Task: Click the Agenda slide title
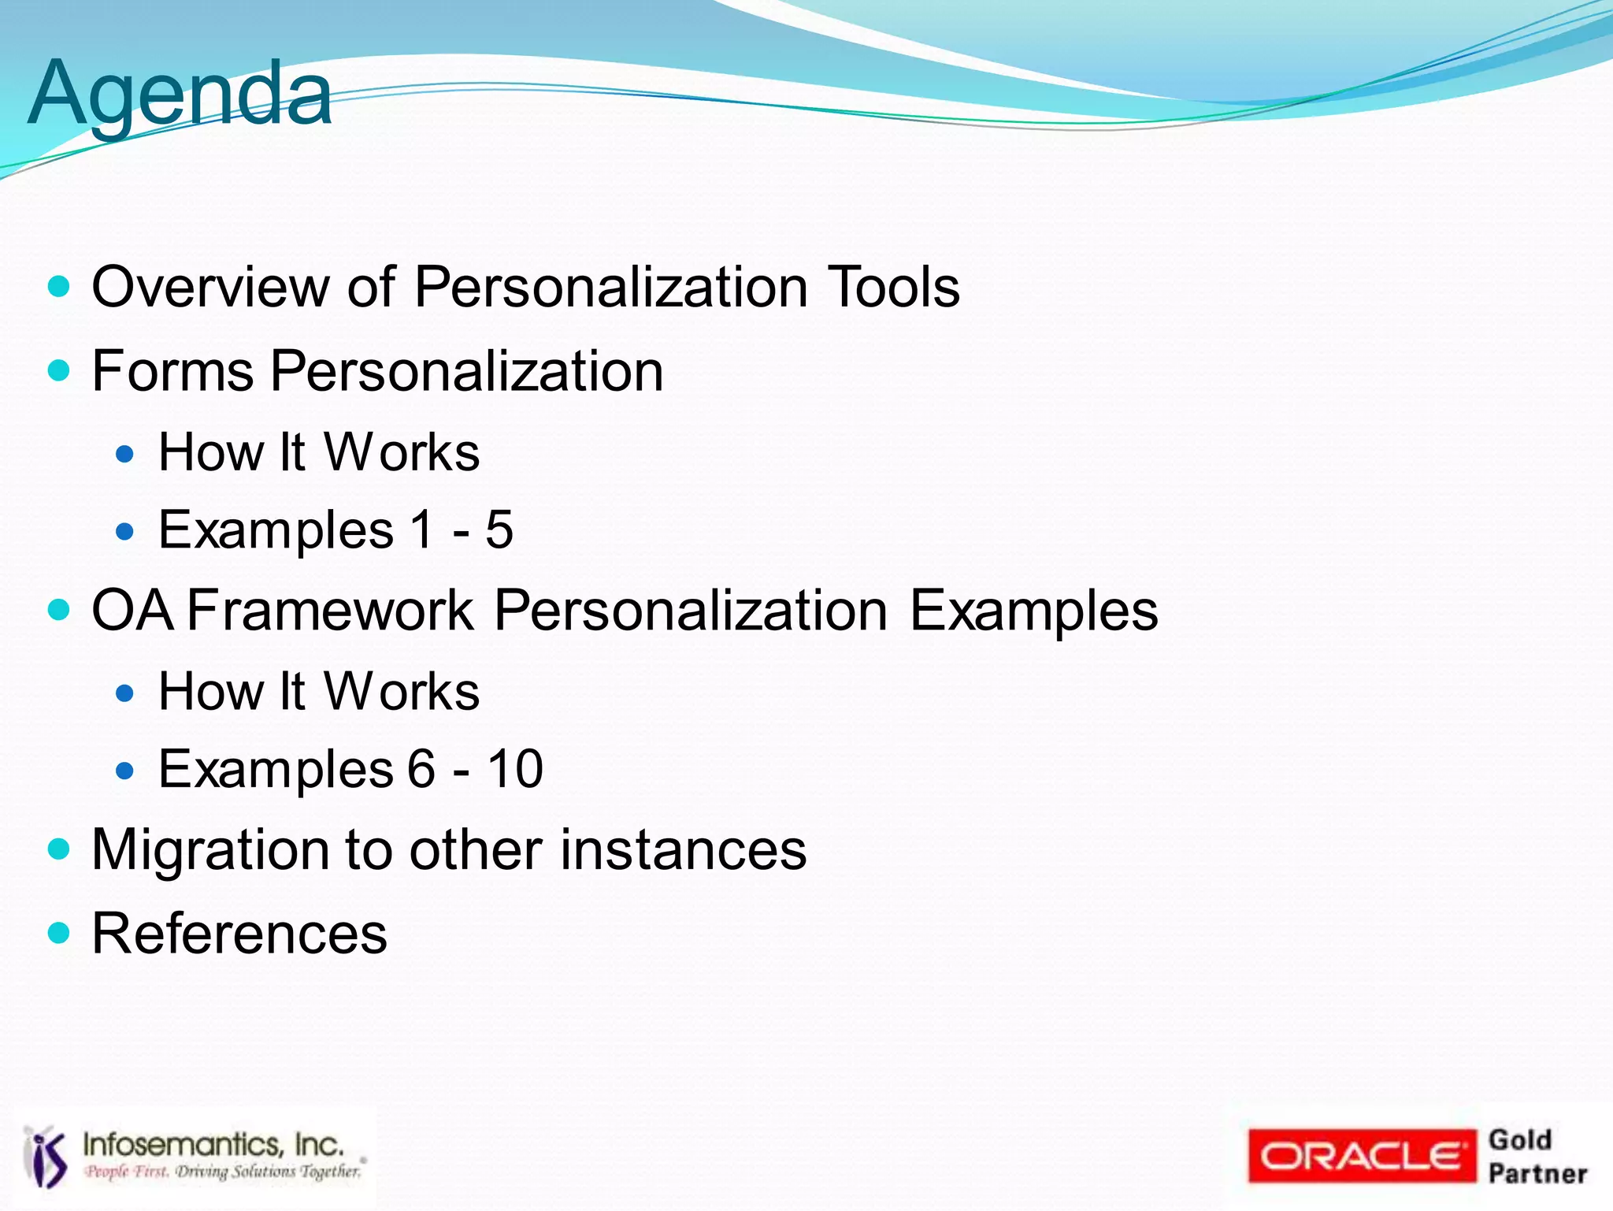click(180, 95)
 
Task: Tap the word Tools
click(893, 287)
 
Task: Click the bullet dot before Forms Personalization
click(59, 370)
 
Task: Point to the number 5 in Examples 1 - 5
click(499, 529)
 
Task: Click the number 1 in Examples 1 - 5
click(422, 529)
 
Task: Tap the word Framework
click(331, 611)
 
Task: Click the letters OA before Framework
click(132, 611)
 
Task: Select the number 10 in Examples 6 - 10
click(515, 769)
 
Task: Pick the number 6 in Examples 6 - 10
click(421, 769)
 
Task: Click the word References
click(239, 934)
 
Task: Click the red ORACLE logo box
click(1361, 1156)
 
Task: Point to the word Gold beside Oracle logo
click(1520, 1139)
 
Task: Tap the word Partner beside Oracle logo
click(1537, 1173)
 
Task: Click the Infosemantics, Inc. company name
click(213, 1144)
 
